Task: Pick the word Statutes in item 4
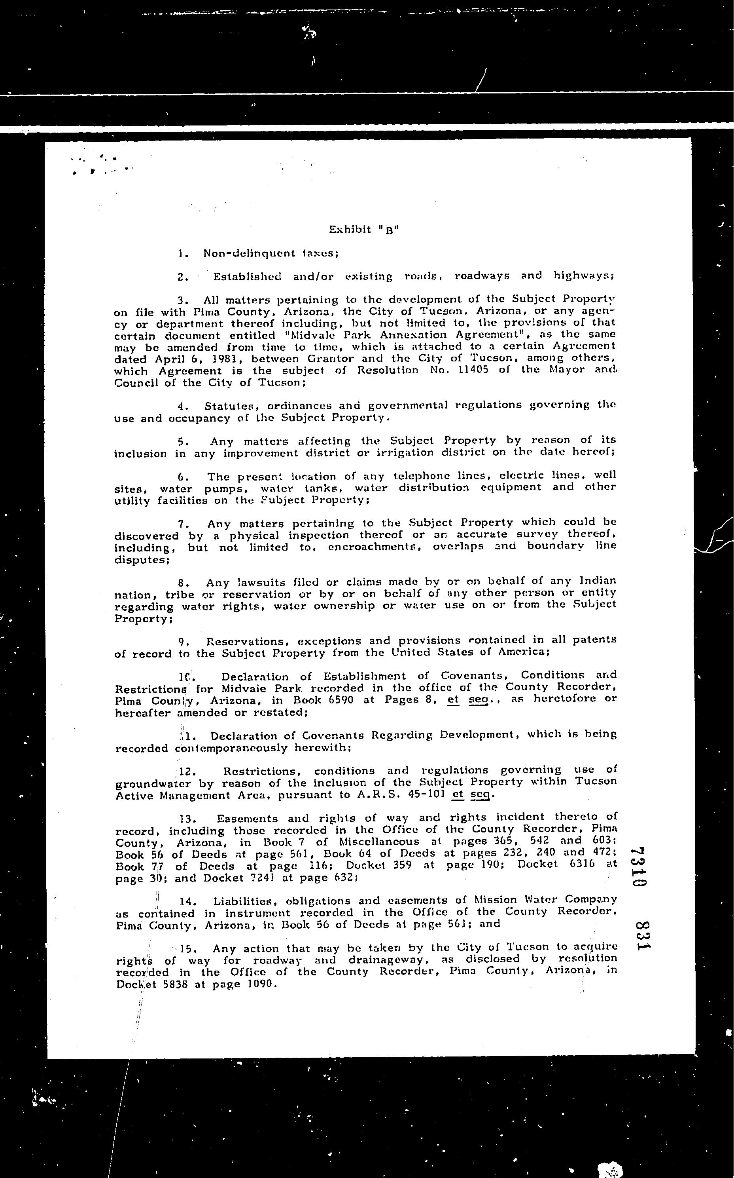pos(232,405)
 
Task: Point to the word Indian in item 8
pos(598,581)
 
